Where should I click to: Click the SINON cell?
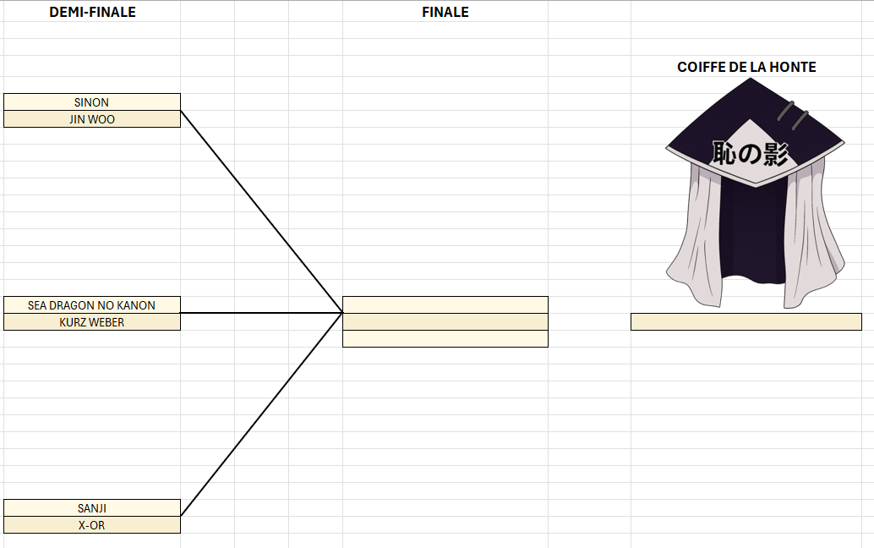click(x=91, y=102)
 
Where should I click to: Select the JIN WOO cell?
click(x=91, y=119)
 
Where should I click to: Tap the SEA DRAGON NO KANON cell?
click(x=91, y=305)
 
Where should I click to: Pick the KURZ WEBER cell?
click(x=91, y=322)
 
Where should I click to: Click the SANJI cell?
click(x=91, y=508)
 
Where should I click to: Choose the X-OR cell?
click(x=91, y=525)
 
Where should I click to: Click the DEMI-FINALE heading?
click(x=92, y=12)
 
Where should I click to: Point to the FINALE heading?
click(x=445, y=12)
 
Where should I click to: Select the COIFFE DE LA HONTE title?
click(x=746, y=67)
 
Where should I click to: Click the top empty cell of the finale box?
click(x=445, y=304)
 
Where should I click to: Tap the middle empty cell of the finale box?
click(x=445, y=321)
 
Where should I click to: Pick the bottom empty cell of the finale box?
click(x=445, y=338)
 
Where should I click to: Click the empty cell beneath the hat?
click(x=746, y=321)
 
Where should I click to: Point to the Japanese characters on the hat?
click(x=750, y=153)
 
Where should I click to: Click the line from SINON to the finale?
click(x=262, y=211)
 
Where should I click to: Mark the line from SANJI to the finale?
click(x=262, y=414)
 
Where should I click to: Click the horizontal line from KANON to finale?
click(x=262, y=313)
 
